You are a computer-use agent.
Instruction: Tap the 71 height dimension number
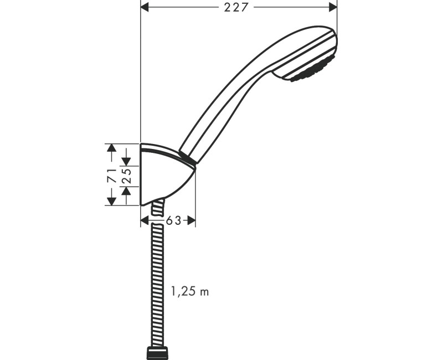111,176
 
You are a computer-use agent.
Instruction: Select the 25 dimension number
126,176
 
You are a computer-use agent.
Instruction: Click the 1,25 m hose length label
190,291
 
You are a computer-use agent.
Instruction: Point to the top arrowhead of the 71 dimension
111,148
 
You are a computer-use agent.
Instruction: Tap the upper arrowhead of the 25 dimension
126,161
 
